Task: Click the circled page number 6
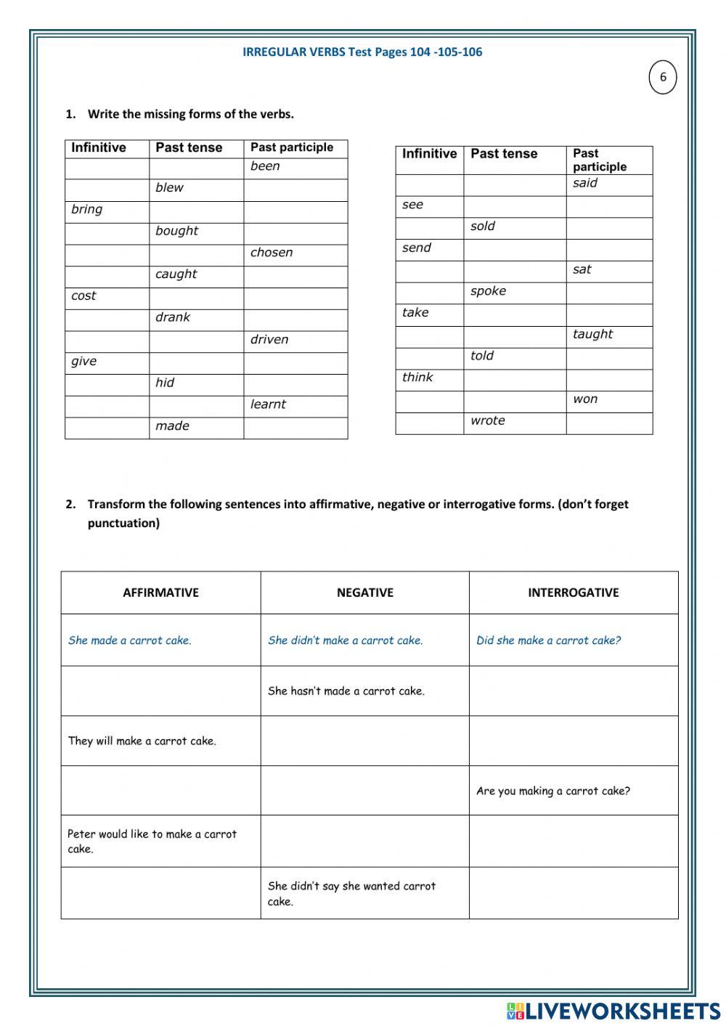pos(662,78)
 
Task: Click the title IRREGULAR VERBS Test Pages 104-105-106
pos(362,52)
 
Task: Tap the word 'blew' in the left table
pos(169,187)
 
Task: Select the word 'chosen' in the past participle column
pos(272,253)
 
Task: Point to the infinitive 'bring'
pos(87,209)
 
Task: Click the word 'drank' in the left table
pos(173,317)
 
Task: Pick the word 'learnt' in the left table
pos(268,404)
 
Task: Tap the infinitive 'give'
pos(83,361)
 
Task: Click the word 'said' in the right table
pos(584,183)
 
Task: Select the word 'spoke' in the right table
pos(488,291)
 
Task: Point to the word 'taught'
pos(592,334)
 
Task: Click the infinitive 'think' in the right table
pos(417,377)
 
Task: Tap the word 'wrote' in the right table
pos(487,420)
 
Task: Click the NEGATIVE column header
pos(364,593)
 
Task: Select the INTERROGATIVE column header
pos(573,593)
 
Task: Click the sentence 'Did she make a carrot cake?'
pos(548,640)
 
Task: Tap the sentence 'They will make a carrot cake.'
pos(142,741)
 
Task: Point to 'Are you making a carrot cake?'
pos(552,791)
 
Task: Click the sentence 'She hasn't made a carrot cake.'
pos(346,691)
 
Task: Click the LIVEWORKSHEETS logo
pos(613,1011)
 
